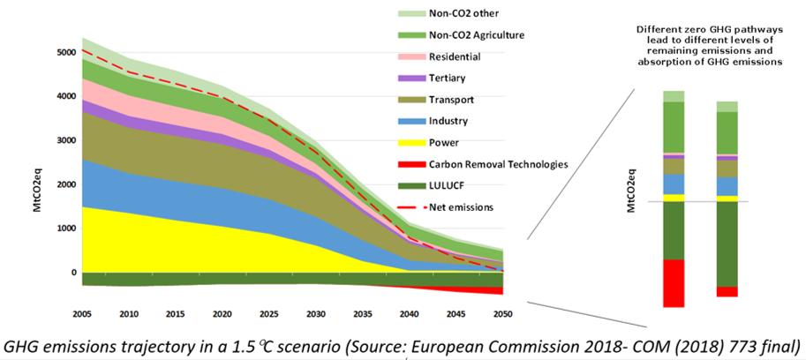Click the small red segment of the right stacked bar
[x=727, y=291]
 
